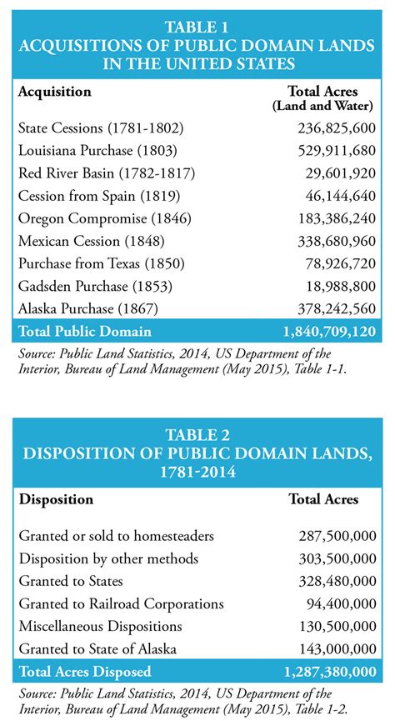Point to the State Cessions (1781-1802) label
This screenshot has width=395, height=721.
tap(100, 128)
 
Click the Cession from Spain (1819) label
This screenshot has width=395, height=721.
tap(94, 197)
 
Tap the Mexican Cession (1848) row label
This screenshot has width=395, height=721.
tap(87, 242)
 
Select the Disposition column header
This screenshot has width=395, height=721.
tap(56, 500)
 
